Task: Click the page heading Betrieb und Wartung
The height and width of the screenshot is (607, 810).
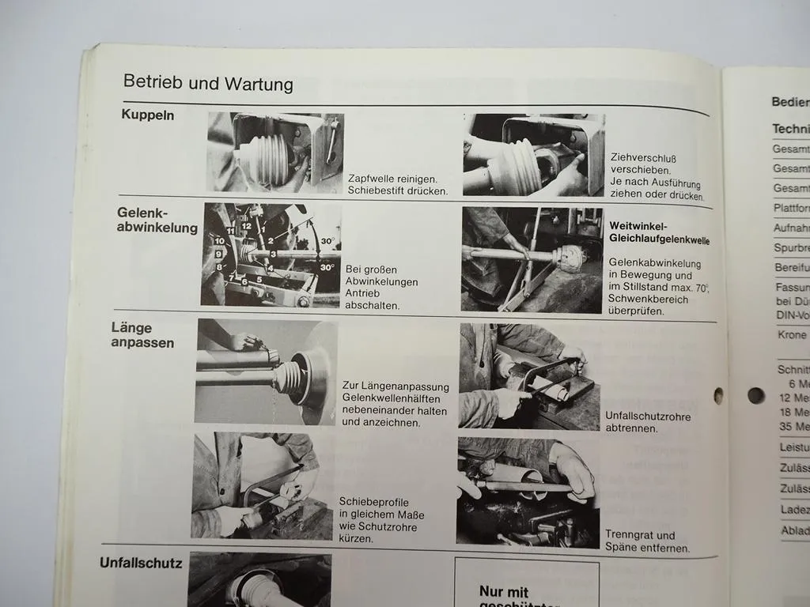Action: [208, 84]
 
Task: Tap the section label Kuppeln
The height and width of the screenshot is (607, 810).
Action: [148, 115]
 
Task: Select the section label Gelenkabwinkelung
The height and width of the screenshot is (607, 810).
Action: [157, 221]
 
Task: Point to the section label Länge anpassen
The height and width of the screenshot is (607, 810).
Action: [142, 335]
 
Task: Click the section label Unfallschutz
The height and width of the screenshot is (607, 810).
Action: [141, 564]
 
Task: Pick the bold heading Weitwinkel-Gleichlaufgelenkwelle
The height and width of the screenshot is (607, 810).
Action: [659, 233]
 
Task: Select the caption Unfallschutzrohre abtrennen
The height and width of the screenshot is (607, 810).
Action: [648, 422]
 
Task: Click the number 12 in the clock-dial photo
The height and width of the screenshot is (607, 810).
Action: [247, 226]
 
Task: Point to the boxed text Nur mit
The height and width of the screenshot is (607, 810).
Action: [503, 591]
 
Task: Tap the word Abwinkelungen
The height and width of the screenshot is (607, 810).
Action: [381, 282]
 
